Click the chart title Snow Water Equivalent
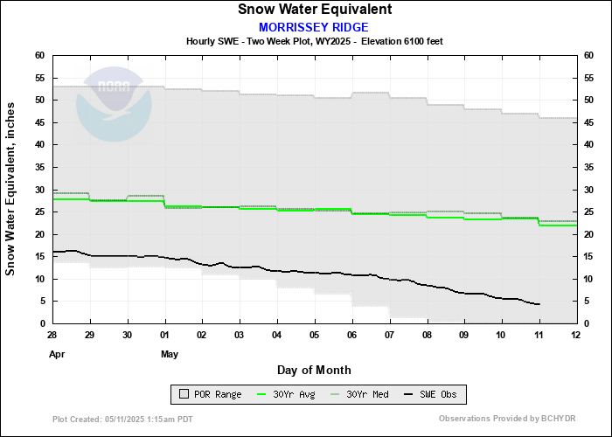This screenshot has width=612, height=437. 314,10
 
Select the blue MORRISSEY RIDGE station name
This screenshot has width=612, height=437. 314,27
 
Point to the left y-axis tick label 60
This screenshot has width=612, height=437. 39,55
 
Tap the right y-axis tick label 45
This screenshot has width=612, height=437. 588,145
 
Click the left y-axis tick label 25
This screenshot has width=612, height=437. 39,212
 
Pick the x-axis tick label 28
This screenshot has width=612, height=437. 52,336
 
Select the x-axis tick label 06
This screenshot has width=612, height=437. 351,336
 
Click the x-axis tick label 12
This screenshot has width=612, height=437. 575,336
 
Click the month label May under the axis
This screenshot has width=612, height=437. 170,355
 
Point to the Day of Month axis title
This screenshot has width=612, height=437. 314,371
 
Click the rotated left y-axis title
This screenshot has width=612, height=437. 11,189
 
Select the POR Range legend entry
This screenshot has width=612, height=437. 208,394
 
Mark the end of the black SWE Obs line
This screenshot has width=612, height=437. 539,304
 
